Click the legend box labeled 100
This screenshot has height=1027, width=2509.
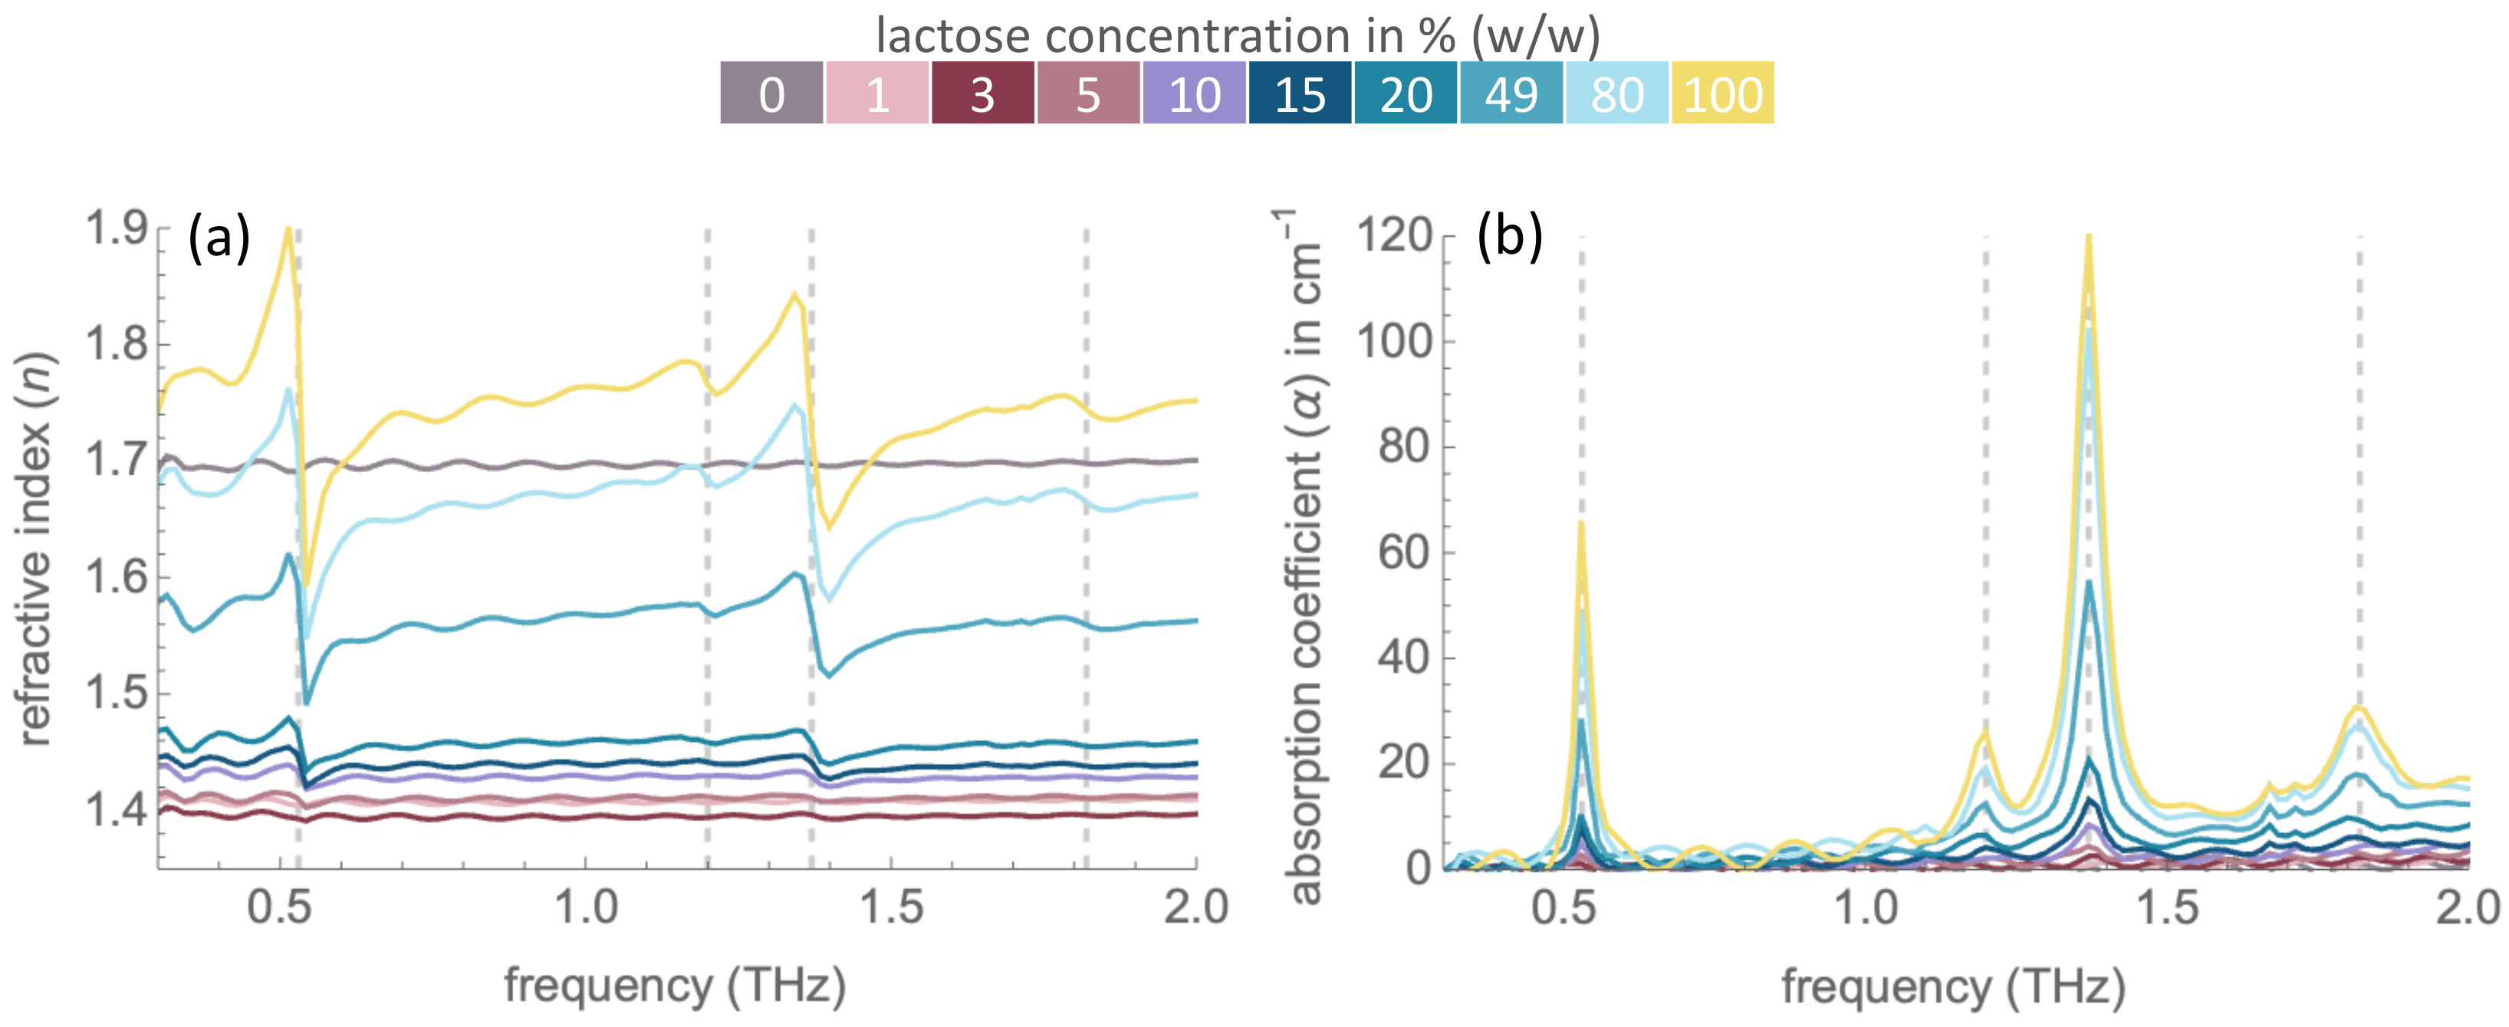click(1722, 94)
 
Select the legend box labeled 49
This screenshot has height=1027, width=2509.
click(1511, 94)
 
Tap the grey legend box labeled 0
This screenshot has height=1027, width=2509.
click(771, 94)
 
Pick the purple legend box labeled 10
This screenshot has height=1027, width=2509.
click(1194, 94)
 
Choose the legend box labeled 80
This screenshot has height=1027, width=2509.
click(1617, 94)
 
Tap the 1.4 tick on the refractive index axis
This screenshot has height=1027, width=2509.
click(116, 809)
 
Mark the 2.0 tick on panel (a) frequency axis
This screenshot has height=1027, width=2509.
click(1196, 908)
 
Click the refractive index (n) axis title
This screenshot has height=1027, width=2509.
click(35, 550)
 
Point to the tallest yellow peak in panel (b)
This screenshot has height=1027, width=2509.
click(2088, 238)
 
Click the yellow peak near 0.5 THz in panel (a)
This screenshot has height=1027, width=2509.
click(288, 230)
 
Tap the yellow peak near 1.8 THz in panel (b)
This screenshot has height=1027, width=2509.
click(2358, 707)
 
